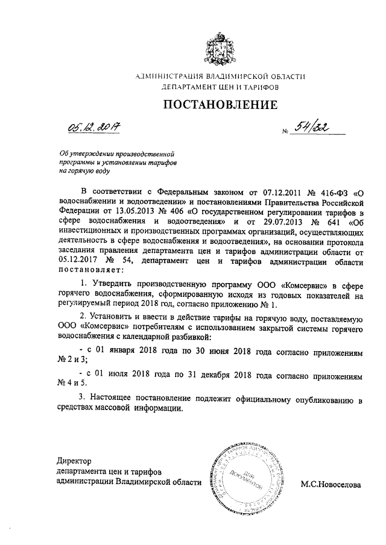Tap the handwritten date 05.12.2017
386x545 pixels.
(x=94, y=128)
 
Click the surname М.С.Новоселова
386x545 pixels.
(x=331, y=484)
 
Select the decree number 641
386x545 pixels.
(x=325, y=224)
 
